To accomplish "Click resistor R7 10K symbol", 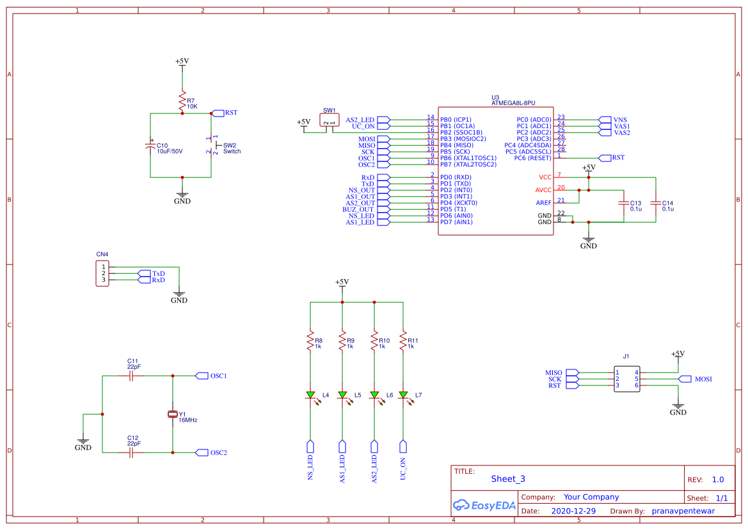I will (x=182, y=101).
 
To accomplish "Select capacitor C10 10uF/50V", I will (x=150, y=146).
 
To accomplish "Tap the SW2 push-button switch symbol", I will (x=212, y=145).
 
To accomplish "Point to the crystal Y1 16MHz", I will (x=172, y=414).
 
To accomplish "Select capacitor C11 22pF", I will (x=132, y=376).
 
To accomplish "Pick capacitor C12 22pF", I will (x=132, y=453).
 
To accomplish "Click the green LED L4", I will (x=310, y=395).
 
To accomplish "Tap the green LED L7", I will (x=403, y=395).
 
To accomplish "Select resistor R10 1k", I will (x=374, y=342).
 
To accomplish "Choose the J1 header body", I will (x=626, y=379).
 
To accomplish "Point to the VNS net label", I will (x=620, y=120).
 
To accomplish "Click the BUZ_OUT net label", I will (x=358, y=209).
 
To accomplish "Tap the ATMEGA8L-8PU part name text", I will (x=513, y=102).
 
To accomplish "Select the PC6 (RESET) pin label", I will (x=532, y=158).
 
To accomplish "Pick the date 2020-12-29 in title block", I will (x=573, y=511).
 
